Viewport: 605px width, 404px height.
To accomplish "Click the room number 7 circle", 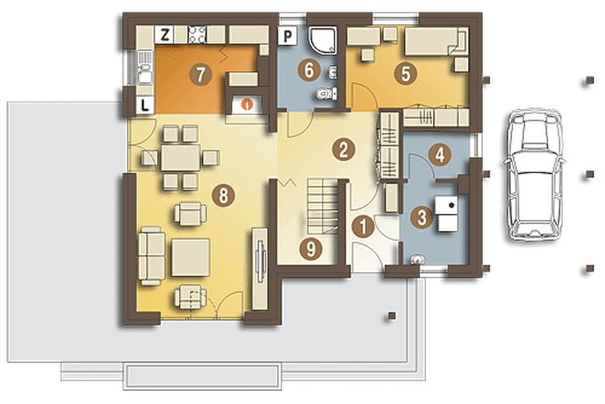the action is click(200, 75).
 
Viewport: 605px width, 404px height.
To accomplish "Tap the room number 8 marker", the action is click(223, 195).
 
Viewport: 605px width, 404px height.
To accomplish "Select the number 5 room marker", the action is click(406, 74).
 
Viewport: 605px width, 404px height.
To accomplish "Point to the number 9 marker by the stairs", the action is click(310, 249).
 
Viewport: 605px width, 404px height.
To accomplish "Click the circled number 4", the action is click(439, 155).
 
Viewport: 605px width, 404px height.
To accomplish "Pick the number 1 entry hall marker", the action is click(363, 226).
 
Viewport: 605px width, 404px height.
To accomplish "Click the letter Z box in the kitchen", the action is click(164, 35).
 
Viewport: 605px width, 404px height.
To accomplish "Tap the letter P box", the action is click(288, 37).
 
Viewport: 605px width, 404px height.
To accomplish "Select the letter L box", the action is click(145, 105).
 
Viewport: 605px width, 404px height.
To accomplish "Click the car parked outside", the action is click(533, 175).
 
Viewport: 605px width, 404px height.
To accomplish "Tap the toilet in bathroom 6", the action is click(326, 93).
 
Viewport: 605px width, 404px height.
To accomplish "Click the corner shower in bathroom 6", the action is click(323, 40).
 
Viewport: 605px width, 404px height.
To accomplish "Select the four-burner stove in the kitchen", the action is click(198, 35).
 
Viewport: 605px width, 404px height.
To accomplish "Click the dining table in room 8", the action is click(180, 157).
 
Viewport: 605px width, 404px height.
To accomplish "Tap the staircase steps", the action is click(323, 206).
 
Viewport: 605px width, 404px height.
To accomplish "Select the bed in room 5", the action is click(436, 41).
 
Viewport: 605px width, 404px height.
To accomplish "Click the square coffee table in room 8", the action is click(191, 257).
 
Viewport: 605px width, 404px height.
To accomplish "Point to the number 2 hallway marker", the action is click(344, 150).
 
